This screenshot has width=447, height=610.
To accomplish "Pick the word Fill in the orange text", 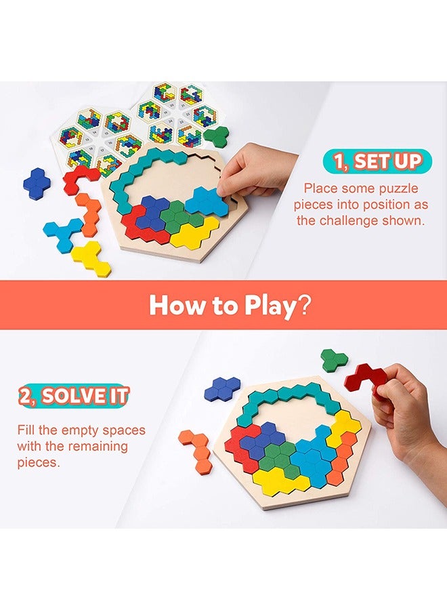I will coord(28,430).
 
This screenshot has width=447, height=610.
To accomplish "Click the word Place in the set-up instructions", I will coord(320,188).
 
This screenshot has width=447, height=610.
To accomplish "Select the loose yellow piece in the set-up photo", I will coord(91,258).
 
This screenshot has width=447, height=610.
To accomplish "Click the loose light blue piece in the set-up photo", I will coord(63,233).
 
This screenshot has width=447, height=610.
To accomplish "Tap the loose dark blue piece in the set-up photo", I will coord(37,183).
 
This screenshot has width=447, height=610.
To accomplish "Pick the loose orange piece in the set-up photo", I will coord(89,213).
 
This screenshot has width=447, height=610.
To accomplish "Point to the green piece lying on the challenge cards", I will coord(217,136).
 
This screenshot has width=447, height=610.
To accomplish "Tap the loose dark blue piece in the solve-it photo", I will coord(222,388).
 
